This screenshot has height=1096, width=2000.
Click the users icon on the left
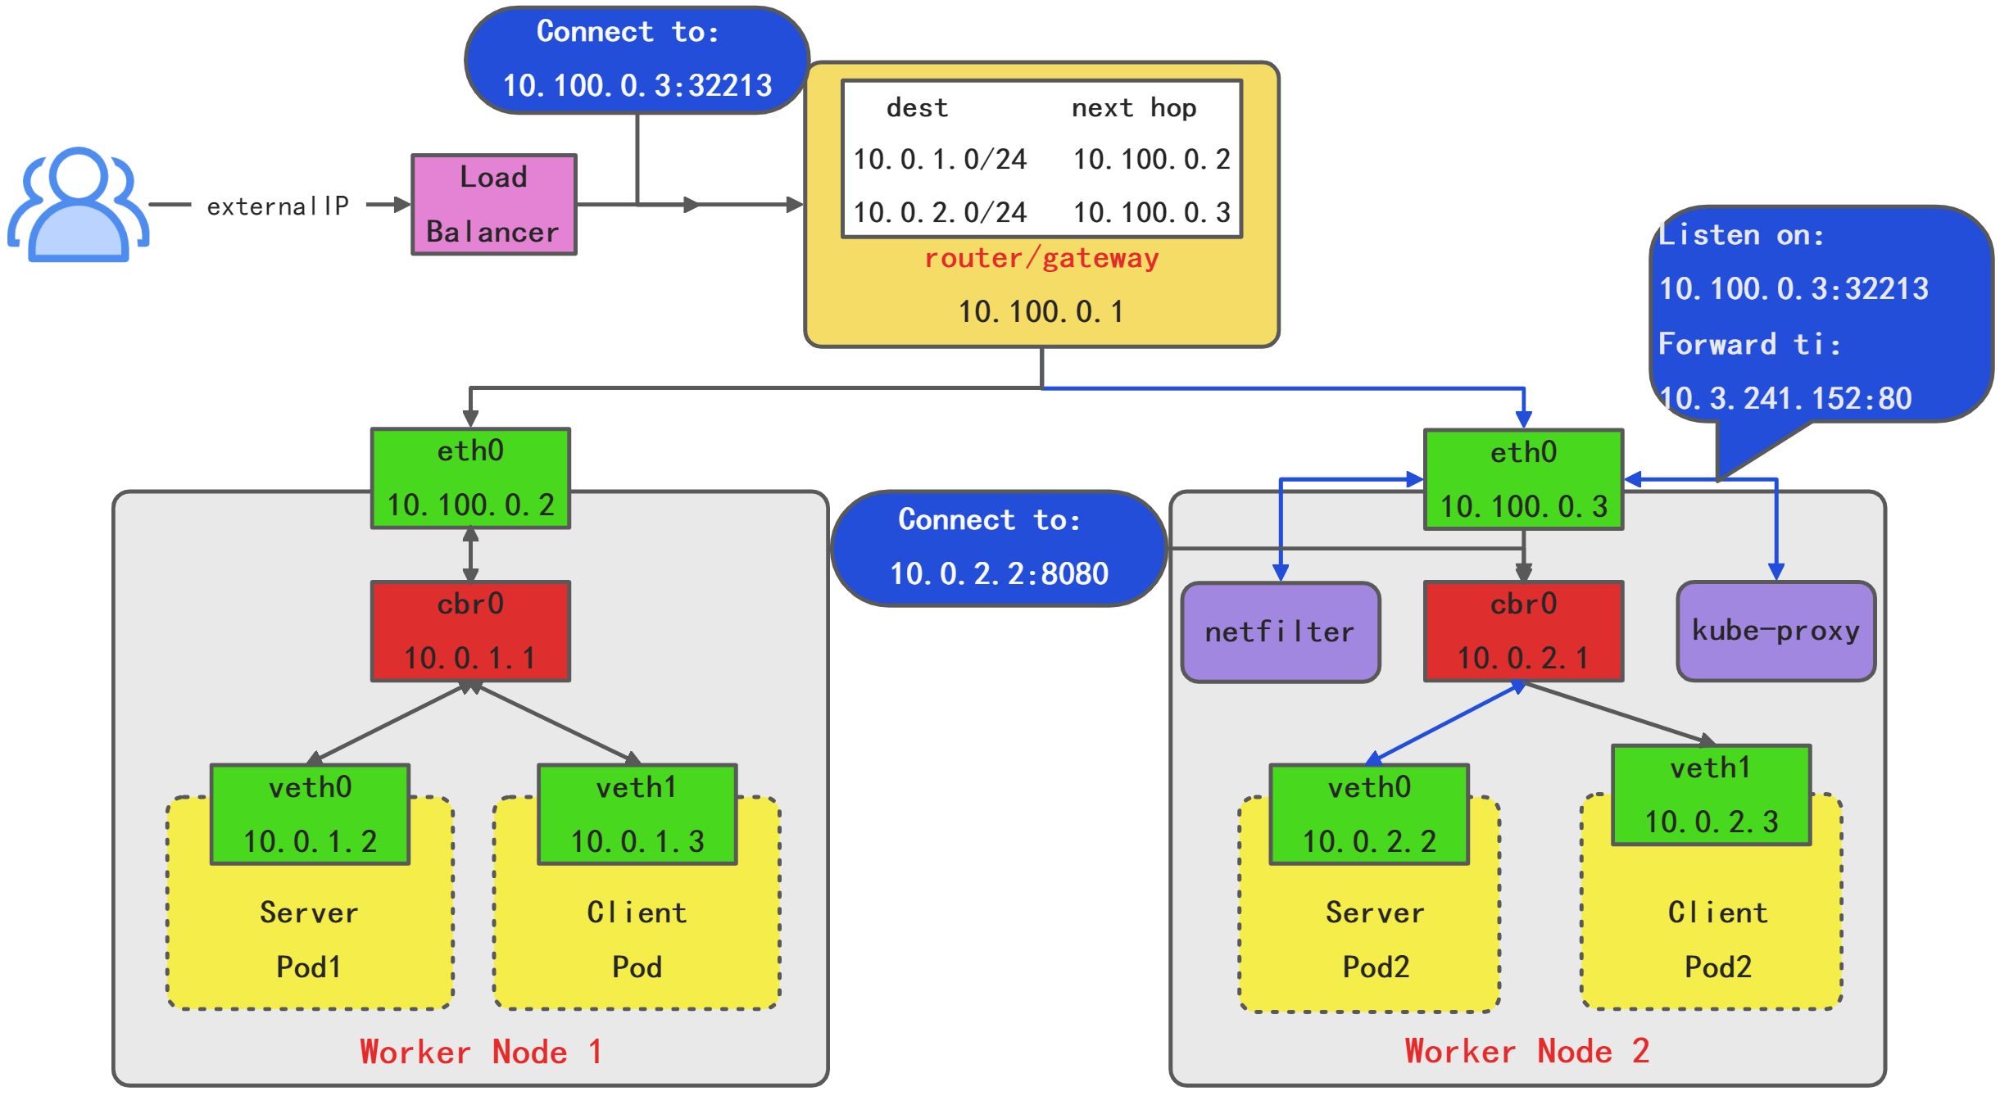[x=78, y=205]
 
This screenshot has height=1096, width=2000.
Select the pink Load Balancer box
[x=493, y=205]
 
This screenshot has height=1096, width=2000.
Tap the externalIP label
[x=278, y=206]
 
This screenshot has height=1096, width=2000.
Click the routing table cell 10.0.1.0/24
[x=940, y=160]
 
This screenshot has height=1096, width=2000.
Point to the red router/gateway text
[x=1041, y=259]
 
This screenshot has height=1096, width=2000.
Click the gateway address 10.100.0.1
[x=1041, y=312]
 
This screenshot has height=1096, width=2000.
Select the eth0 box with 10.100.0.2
[x=470, y=478]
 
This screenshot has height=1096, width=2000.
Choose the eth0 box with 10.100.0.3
[x=1523, y=480]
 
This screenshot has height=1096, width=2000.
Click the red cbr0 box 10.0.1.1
[x=470, y=632]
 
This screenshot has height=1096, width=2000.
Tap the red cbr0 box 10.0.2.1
[x=1523, y=632]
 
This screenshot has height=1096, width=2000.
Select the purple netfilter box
[x=1280, y=632]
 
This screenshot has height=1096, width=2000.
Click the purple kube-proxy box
[x=1776, y=632]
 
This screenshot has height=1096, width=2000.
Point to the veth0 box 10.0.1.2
[x=310, y=815]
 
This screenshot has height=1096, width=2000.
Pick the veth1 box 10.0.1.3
[x=637, y=815]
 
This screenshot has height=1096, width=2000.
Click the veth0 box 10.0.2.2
[x=1369, y=815]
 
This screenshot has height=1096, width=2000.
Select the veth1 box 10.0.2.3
[x=1711, y=795]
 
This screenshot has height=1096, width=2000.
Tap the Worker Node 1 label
[x=481, y=1053]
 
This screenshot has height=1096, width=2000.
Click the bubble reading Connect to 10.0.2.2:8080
[x=999, y=548]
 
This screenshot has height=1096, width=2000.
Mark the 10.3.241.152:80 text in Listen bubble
[x=1785, y=399]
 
